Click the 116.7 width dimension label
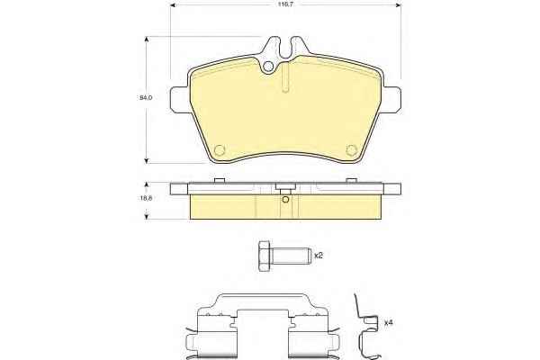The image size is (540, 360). pyautogui.click(x=285, y=4)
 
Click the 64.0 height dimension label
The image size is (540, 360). pyautogui.click(x=146, y=98)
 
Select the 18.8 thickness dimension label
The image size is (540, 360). pyautogui.click(x=146, y=198)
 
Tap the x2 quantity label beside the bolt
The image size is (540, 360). pyautogui.click(x=319, y=256)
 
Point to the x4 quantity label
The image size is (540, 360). pyautogui.click(x=389, y=323)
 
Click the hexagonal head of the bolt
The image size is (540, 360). pyautogui.click(x=265, y=256)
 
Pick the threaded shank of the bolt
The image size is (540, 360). pyautogui.click(x=292, y=256)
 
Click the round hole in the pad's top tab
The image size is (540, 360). pyautogui.click(x=268, y=67)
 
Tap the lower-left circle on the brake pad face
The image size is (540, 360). pyautogui.click(x=220, y=150)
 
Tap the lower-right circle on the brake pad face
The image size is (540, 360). pyautogui.click(x=351, y=150)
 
